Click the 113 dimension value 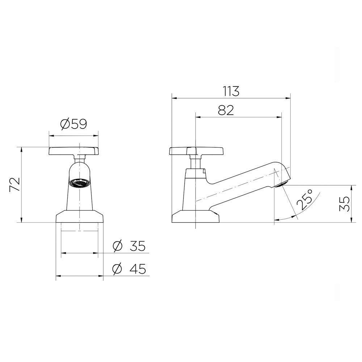[x=231, y=91]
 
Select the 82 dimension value [x=226, y=110]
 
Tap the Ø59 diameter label [x=73, y=124]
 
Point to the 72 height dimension [x=15, y=185]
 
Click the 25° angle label [x=305, y=199]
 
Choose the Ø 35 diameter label [x=129, y=246]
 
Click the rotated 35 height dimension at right [x=344, y=204]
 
